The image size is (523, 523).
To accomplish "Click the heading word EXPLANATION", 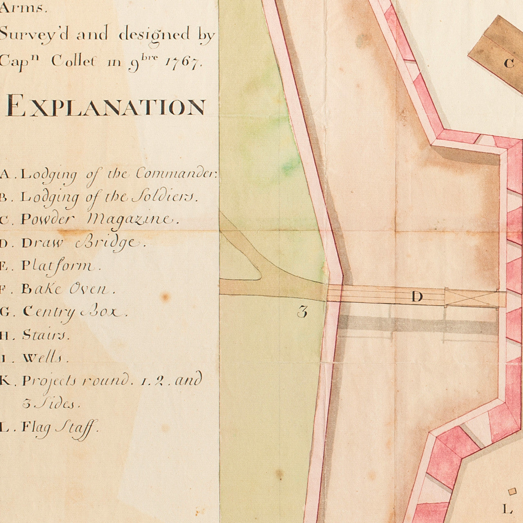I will click(x=105, y=107).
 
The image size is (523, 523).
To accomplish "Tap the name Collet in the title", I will click(x=75, y=62).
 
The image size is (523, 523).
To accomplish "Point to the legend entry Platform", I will click(x=51, y=266).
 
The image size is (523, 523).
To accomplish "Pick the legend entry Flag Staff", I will click(x=50, y=428).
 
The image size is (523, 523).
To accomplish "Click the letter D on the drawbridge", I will click(x=417, y=297).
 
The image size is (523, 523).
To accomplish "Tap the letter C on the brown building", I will click(x=509, y=63).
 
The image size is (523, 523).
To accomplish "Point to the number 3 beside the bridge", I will click(x=302, y=313).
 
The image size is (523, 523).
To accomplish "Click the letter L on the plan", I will click(x=507, y=509).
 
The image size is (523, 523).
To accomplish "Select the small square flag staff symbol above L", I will click(x=513, y=491).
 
